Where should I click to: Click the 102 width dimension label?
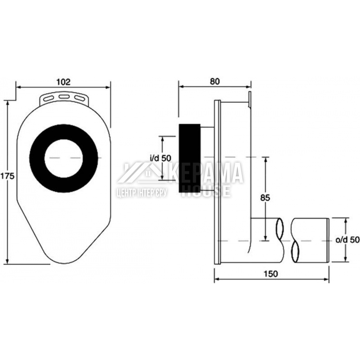pos(63,82)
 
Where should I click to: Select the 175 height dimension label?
pos(7,176)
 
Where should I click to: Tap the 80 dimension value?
pos(215,81)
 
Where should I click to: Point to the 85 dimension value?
pos(265,198)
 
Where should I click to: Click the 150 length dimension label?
pos(271,274)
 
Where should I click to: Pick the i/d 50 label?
pos(160,158)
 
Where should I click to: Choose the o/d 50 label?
pos(348,240)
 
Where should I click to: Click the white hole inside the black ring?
pos(63,158)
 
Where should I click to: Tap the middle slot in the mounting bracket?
pos(64,96)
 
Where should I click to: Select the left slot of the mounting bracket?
pos(48,98)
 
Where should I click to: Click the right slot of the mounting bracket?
pos(79,98)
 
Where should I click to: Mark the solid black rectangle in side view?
pos(190,158)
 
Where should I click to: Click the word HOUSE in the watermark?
pos(206,191)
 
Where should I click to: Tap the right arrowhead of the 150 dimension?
pos(326,279)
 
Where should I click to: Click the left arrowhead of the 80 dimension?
pos(181,86)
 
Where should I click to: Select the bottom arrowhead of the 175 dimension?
pos(8,261)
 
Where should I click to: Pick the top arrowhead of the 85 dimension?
pos(265,160)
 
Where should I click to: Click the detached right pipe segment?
pos(310,240)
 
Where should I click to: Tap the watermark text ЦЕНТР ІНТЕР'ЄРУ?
pos(142,193)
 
